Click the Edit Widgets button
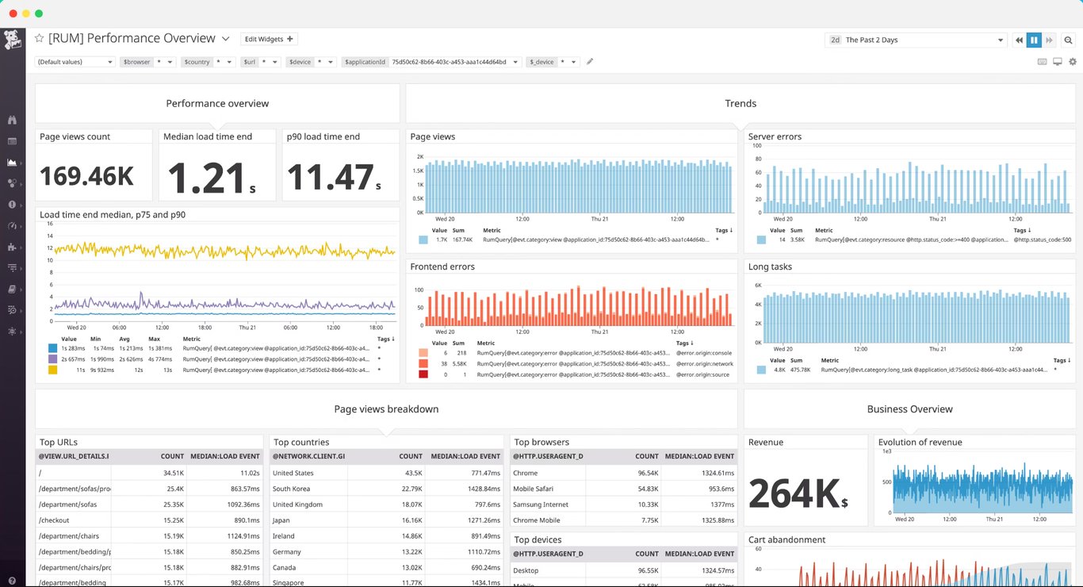[269, 39]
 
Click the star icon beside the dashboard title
[39, 39]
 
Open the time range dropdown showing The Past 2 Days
[916, 40]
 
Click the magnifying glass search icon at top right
[1068, 40]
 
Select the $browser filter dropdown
[147, 62]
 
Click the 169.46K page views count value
[87, 176]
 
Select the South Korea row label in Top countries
[291, 489]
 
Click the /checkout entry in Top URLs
[54, 520]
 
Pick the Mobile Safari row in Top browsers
[534, 489]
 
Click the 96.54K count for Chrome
[648, 473]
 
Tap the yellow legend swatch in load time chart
[52, 370]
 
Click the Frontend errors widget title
[442, 267]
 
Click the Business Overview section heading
[909, 409]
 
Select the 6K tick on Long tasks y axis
[757, 286]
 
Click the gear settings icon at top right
[1073, 62]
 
